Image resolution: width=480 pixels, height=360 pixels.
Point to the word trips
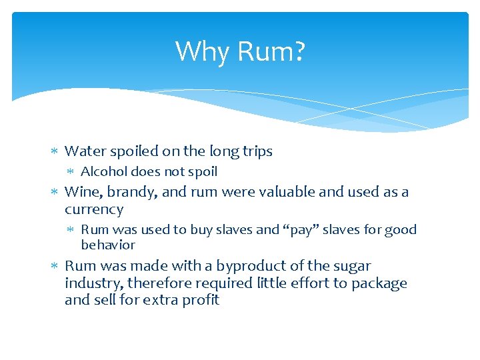(x=256, y=152)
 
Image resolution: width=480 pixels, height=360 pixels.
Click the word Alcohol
(x=103, y=171)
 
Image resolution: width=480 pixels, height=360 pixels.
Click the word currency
(x=94, y=209)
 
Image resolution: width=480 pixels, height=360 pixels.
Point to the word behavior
(x=108, y=245)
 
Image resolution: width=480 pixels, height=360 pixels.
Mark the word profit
(x=201, y=300)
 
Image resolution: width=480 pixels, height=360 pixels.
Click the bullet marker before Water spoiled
(x=55, y=152)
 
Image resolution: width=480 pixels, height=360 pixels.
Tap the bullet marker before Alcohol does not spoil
(x=71, y=172)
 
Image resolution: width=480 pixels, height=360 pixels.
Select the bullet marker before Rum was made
(x=55, y=266)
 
